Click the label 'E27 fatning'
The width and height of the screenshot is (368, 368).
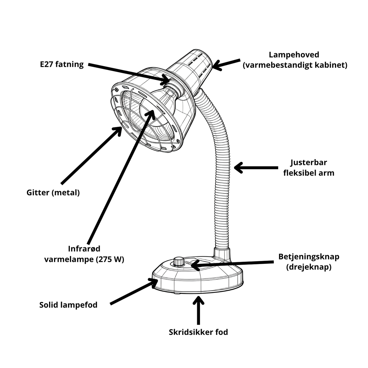(62, 64)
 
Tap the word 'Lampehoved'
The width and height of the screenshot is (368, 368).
(294, 55)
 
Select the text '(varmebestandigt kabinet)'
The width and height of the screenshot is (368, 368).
(295, 65)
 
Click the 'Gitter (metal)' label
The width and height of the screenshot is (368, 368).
(53, 193)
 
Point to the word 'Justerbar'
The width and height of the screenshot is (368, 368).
(309, 163)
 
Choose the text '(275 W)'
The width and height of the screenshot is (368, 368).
(110, 259)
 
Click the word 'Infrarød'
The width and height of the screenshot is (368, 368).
(84, 249)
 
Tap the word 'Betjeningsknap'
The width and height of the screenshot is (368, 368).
(309, 256)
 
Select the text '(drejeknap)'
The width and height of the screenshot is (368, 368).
(309, 267)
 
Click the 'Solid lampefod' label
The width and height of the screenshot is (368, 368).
(68, 305)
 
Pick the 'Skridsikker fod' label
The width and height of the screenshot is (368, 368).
(198, 332)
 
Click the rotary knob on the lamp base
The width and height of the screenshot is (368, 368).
(179, 262)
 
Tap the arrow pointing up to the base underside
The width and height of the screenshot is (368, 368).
(199, 310)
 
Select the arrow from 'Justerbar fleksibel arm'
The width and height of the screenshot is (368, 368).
(256, 168)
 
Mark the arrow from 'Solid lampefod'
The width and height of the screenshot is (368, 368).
(134, 291)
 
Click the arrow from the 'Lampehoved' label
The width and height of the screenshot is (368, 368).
(226, 64)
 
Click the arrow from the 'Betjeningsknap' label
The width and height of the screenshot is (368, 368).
(232, 264)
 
